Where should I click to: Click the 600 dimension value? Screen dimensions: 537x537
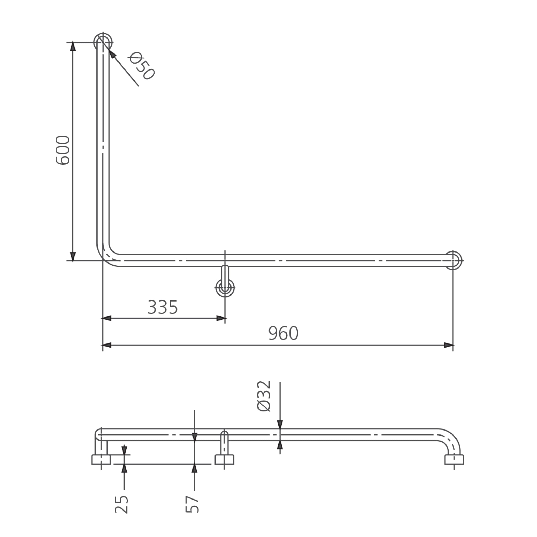[63, 150]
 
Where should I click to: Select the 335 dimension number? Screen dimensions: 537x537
[163, 307]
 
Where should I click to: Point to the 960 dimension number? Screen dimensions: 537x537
[283, 333]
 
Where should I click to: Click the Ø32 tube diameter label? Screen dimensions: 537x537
[264, 396]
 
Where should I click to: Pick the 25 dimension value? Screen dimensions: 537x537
[122, 504]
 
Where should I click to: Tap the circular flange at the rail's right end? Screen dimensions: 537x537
[453, 260]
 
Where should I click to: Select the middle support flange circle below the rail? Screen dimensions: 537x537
[225, 288]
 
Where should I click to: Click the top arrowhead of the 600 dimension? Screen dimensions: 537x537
[73, 46]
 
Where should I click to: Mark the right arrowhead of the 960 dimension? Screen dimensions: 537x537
[449, 345]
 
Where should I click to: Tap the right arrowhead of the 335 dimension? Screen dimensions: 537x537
[221, 318]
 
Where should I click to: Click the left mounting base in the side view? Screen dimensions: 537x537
[101, 459]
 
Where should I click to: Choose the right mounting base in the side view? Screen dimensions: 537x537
[454, 459]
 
